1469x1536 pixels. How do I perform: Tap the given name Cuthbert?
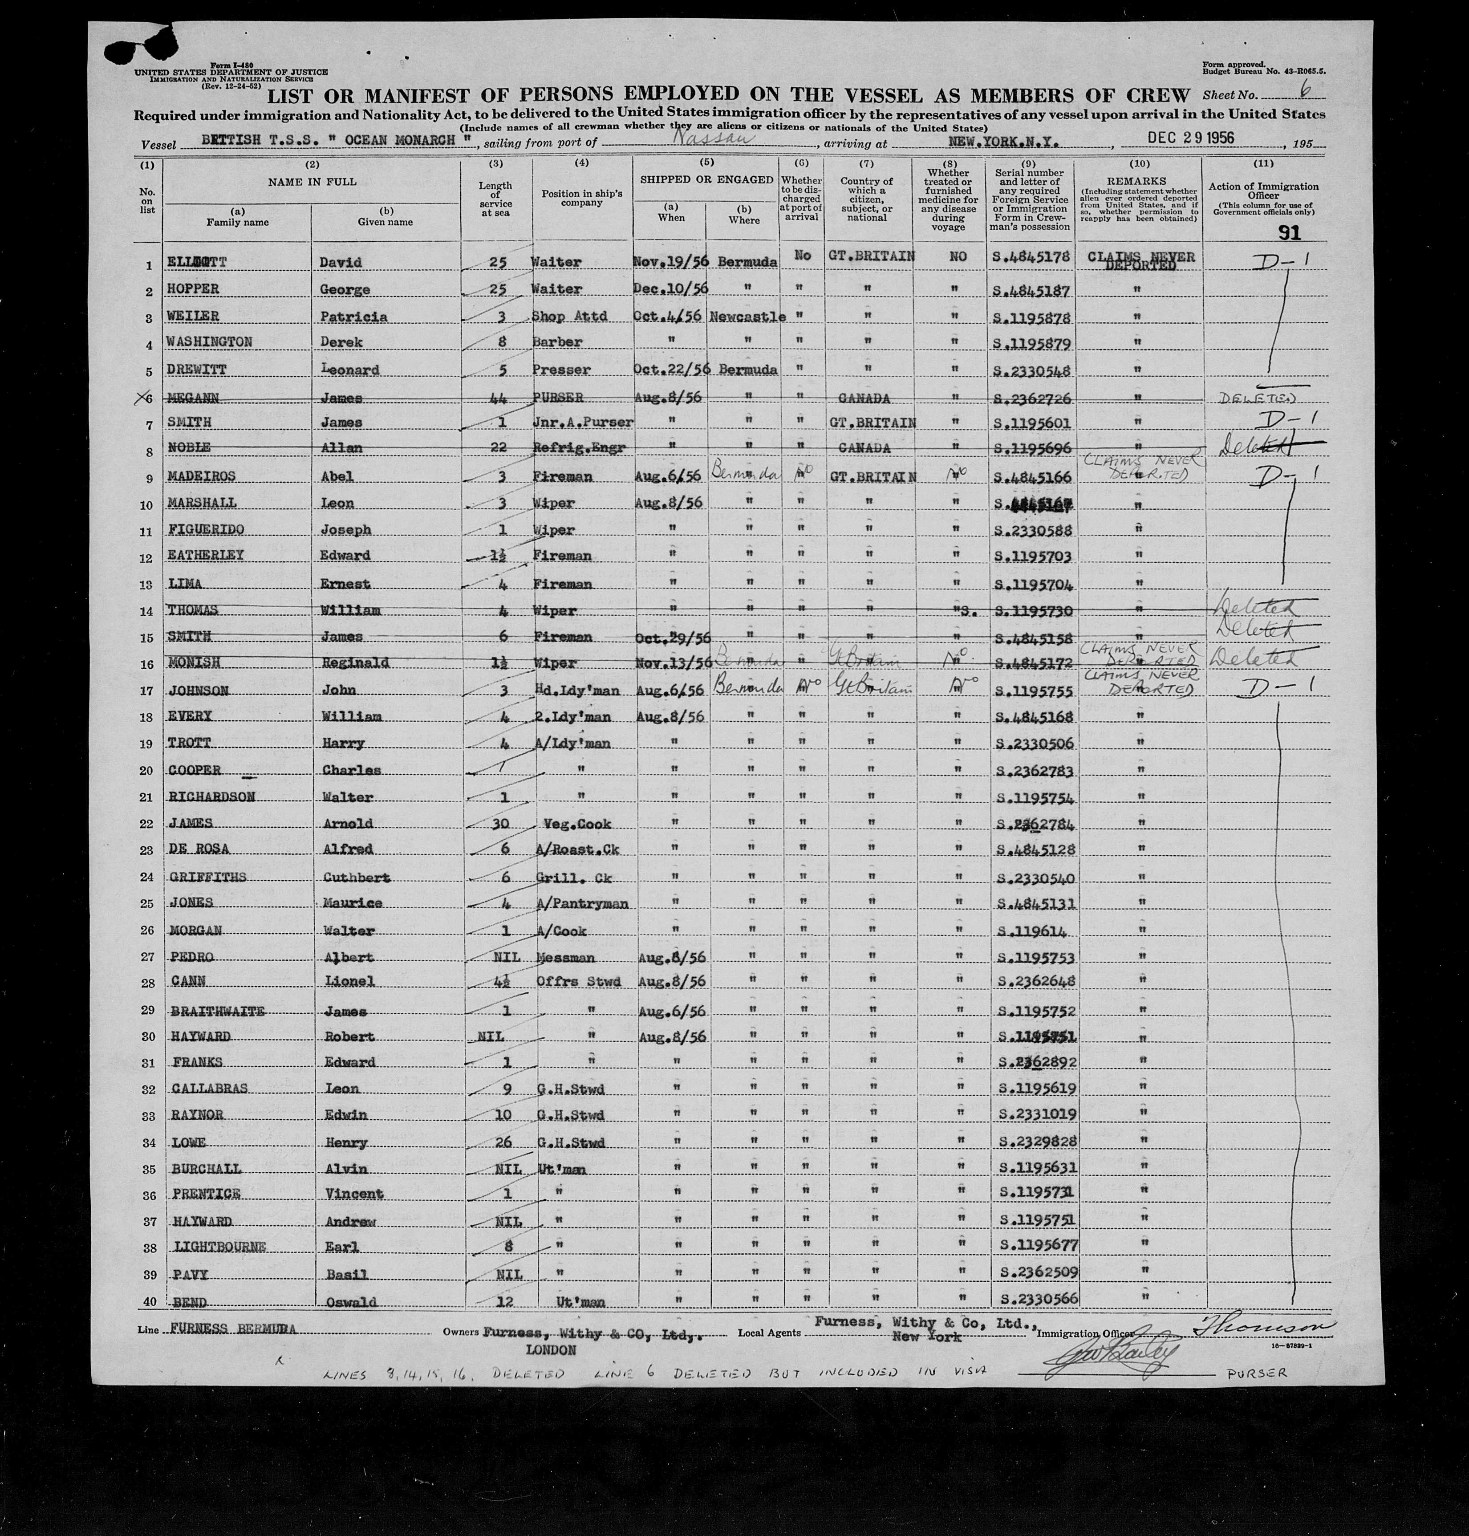click(356, 877)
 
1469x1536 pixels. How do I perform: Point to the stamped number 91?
click(1288, 233)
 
